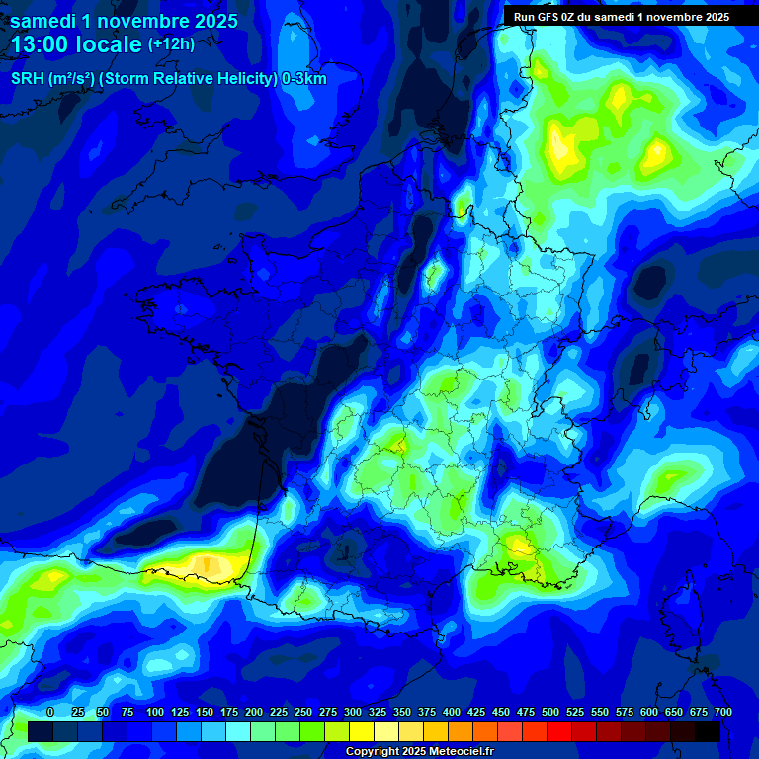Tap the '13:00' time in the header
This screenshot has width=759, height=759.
coord(43,45)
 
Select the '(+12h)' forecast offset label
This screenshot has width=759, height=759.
coord(171,44)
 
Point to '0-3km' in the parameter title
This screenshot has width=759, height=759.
coord(304,79)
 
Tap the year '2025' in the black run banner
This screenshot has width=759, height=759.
coord(711,16)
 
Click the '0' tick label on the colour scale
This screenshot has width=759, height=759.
coord(50,712)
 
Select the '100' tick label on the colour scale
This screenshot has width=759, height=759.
coord(155,712)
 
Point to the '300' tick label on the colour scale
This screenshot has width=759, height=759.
coord(353,712)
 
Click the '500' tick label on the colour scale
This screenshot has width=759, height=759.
coord(550,712)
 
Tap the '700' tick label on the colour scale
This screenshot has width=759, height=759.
coord(722,712)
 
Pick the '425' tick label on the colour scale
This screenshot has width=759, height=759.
coord(476,712)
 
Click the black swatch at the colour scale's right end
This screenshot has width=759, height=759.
coord(708,731)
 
